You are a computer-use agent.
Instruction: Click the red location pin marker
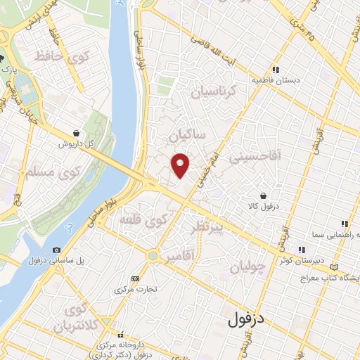181,165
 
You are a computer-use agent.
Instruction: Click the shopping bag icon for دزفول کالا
262,195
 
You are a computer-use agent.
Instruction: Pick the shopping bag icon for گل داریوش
75,132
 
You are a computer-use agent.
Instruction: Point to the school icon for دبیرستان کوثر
301,249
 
